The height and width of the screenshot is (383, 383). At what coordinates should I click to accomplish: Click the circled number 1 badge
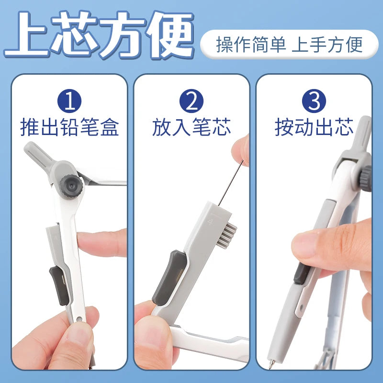[x=69, y=101]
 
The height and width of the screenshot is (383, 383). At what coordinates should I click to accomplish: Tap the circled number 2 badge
[x=191, y=101]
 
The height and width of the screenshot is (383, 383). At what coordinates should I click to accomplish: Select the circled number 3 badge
[x=314, y=101]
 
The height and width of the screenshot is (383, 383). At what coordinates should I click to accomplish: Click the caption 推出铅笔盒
[x=69, y=127]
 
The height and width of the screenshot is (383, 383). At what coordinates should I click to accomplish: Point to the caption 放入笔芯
[x=191, y=127]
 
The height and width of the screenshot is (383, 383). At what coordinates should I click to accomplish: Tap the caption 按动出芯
[x=314, y=127]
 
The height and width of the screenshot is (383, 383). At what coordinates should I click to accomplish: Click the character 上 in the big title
[x=26, y=34]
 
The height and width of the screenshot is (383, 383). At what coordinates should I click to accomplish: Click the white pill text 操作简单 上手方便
[x=289, y=45]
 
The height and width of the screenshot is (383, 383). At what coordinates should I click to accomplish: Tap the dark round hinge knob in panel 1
[x=71, y=186]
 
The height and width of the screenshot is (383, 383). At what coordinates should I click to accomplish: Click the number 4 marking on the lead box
[x=210, y=222]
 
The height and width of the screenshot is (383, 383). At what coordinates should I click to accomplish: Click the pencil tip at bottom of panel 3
[x=271, y=364]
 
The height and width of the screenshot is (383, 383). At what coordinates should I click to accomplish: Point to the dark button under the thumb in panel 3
[x=301, y=274]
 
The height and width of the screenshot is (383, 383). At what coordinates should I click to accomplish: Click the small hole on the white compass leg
[x=79, y=318]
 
